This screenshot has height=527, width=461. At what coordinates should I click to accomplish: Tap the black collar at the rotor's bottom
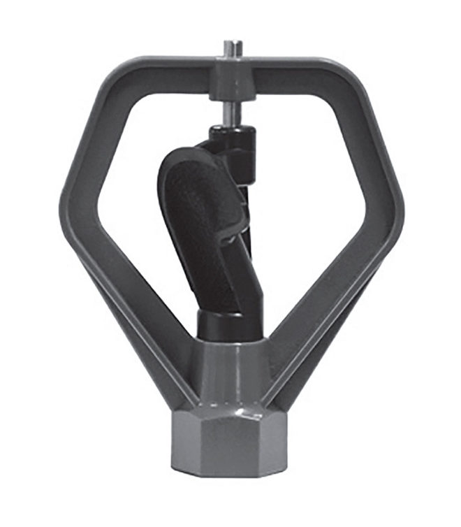tap(219, 325)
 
